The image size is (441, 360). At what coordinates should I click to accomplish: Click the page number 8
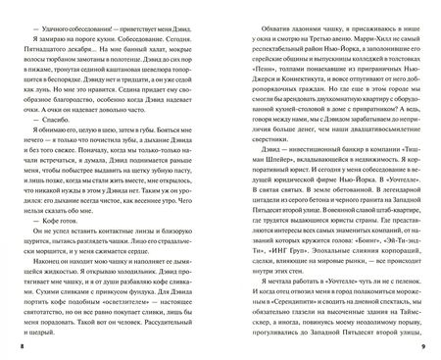coord(9,347)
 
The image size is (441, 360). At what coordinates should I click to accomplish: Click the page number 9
coord(431,347)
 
